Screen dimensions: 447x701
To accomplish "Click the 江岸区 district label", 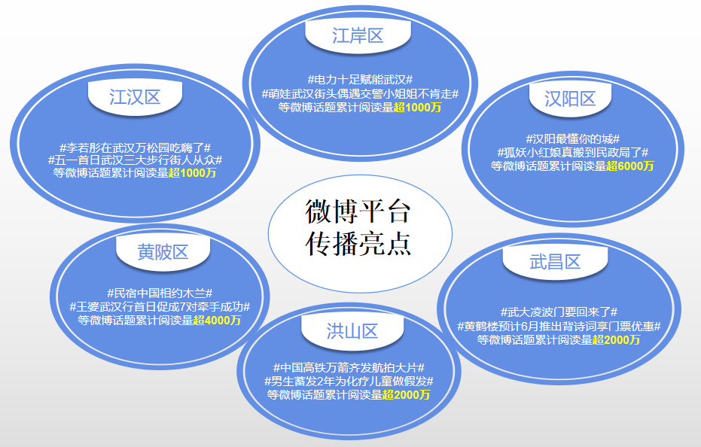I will click(x=358, y=35).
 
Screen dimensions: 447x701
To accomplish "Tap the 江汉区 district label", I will click(x=135, y=96).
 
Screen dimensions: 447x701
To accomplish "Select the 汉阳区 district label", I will click(x=570, y=99).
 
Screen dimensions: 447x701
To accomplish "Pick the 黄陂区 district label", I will click(x=163, y=252).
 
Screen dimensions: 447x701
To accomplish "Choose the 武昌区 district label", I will click(x=555, y=262).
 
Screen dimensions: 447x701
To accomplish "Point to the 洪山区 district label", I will click(x=352, y=331).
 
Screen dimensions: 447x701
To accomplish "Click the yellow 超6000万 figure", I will click(x=630, y=166).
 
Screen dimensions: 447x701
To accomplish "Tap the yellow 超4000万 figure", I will click(x=217, y=321).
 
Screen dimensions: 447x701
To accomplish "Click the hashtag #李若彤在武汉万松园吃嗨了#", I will click(x=135, y=147).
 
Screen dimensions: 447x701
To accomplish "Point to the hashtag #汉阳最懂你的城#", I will click(x=572, y=138).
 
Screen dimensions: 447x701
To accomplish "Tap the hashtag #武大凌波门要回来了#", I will click(x=559, y=312).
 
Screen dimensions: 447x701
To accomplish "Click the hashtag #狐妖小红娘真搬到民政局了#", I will click(x=572, y=152).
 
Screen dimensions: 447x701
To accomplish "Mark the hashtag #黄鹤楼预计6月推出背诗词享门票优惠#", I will click(x=559, y=326).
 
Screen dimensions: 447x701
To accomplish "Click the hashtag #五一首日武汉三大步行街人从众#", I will click(x=135, y=160).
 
